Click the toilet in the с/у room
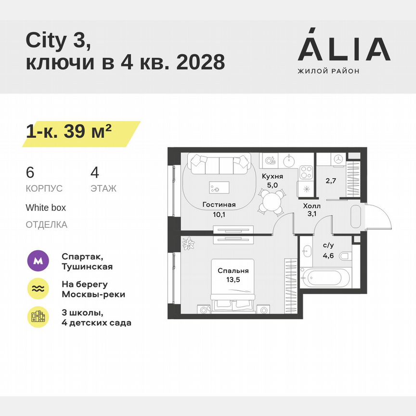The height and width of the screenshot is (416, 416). tap(346, 257)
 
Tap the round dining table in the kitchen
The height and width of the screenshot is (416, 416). tap(271, 201)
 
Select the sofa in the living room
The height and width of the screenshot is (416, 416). tap(220, 165)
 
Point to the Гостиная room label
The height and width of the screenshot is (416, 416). tap(219, 205)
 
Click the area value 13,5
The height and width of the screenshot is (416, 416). tap(232, 279)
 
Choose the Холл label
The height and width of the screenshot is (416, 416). tap(312, 206)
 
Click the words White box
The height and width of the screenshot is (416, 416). tap(46, 208)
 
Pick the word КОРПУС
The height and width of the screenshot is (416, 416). tap(44, 188)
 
